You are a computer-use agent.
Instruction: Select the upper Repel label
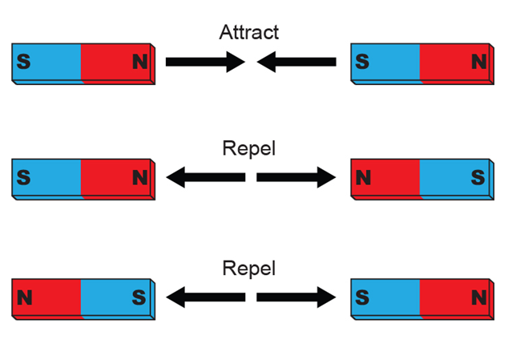point(248,150)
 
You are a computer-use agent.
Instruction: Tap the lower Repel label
point(248,268)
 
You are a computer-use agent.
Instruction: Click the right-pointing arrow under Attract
point(204,61)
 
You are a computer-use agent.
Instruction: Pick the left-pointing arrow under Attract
point(296,61)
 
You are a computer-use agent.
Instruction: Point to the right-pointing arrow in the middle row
point(296,177)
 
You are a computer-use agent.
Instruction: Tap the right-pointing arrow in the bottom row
point(296,296)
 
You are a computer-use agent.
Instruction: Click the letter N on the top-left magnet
point(139,62)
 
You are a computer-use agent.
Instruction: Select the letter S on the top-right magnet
point(362,62)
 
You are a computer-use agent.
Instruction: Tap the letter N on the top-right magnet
point(478,62)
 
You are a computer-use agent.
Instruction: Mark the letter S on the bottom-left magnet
point(139,297)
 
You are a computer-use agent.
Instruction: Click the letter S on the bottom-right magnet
point(362,297)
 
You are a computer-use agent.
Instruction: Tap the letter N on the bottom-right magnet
point(478,297)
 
